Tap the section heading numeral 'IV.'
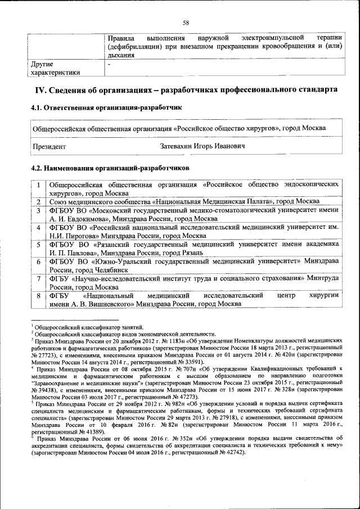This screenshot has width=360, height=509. pos(42,90)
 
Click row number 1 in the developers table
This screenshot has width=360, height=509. pos(38,184)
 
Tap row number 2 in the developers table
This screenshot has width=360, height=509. pos(38,201)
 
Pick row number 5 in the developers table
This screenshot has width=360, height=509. pos(38,244)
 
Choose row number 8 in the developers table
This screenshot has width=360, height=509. pos(38,295)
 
